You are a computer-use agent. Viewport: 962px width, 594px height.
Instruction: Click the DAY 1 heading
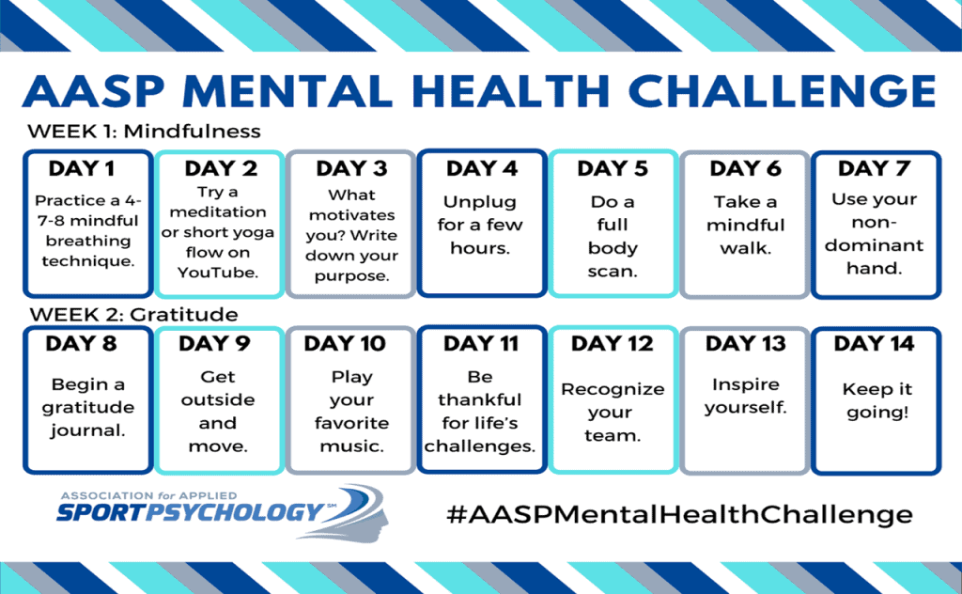tap(82, 168)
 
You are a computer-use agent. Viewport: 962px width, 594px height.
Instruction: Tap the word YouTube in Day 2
tap(218, 272)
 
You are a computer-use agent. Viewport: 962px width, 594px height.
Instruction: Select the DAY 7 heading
tap(875, 168)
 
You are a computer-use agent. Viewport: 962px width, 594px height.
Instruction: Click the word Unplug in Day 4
tap(480, 202)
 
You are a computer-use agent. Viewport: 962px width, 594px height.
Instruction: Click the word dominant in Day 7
tap(874, 245)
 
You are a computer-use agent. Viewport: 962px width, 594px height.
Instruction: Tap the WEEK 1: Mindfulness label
tap(144, 132)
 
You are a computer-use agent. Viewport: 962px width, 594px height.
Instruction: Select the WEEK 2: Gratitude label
tap(133, 314)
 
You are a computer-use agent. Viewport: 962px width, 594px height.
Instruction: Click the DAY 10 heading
tap(345, 344)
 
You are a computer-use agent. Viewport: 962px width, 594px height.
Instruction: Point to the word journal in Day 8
tap(86, 430)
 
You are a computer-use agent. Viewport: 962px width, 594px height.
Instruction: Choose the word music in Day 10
tap(351, 446)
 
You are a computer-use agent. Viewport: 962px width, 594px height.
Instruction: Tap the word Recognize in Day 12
tap(613, 389)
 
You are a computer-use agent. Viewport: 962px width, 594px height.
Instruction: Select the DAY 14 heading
tap(874, 344)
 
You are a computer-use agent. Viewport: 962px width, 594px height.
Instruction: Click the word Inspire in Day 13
tap(745, 384)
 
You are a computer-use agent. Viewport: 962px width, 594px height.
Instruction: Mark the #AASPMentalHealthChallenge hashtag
tap(680, 514)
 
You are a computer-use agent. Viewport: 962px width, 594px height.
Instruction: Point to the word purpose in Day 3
tap(351, 276)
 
